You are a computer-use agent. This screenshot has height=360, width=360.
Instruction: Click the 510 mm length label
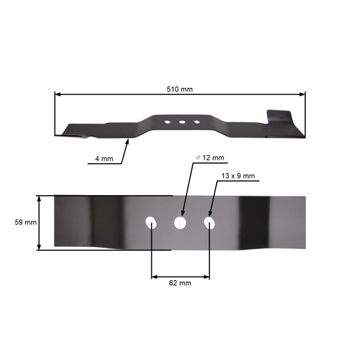[x=179, y=89]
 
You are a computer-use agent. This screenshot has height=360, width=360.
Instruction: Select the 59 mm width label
[x=25, y=222]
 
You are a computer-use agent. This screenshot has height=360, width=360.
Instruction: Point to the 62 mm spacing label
[x=181, y=283]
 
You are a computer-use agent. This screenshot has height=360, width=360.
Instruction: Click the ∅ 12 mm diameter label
[x=210, y=158]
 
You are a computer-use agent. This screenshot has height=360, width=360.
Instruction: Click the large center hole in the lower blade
[x=179, y=223]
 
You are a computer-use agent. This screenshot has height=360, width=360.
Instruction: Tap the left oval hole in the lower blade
[x=151, y=223]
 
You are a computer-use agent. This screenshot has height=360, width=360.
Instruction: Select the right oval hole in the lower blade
[x=209, y=223]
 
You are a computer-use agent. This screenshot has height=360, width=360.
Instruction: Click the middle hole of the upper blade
[x=181, y=122]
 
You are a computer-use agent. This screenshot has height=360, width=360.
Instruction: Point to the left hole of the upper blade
[x=167, y=122]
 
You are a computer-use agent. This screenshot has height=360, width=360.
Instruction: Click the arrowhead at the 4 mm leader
[x=130, y=140]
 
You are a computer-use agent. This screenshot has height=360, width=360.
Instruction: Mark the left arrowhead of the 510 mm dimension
[x=57, y=94]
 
